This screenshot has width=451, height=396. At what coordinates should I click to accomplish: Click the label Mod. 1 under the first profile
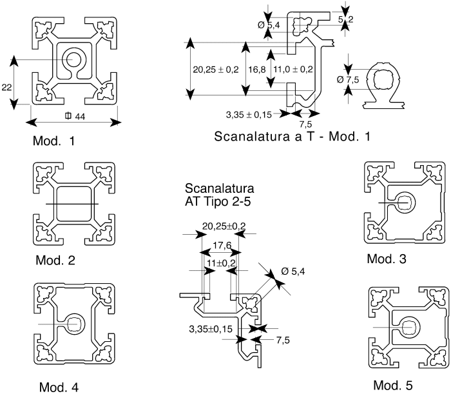[53, 141]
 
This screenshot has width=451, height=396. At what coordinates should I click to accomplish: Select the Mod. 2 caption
[55, 260]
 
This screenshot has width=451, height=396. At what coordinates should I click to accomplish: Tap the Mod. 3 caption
[387, 259]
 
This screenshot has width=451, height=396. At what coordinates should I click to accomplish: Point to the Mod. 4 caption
[59, 387]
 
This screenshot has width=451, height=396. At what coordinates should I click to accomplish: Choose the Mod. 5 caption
[393, 385]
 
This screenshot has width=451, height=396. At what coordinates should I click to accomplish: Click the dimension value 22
[6, 87]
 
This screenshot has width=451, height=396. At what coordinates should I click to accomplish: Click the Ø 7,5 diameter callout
[348, 79]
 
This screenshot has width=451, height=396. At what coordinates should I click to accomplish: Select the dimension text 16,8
[257, 70]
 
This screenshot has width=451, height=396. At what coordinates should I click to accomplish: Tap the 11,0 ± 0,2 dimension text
[293, 70]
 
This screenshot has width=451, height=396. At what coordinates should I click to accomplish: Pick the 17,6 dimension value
[222, 245]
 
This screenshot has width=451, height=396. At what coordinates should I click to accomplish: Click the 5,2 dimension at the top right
[345, 19]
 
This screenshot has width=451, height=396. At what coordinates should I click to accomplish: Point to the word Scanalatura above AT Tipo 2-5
[220, 188]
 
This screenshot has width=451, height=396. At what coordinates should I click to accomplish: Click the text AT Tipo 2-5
[218, 201]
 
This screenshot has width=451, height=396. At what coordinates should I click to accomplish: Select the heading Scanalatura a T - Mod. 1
[293, 136]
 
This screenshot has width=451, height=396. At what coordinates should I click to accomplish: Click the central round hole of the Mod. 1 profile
[73, 59]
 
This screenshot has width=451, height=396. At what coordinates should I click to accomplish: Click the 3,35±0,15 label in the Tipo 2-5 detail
[211, 329]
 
